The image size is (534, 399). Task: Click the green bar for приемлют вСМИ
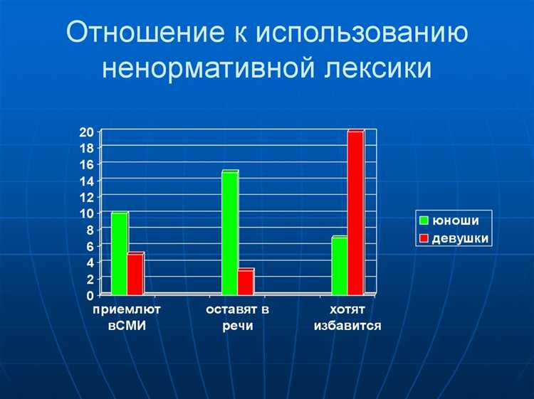[x=118, y=253]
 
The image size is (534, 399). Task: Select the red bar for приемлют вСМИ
[x=135, y=274]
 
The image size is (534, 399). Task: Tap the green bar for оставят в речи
[x=229, y=233]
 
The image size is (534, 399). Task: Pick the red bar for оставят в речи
[x=245, y=282]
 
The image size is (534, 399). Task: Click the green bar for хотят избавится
[x=339, y=265]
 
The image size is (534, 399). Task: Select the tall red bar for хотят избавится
[x=355, y=213]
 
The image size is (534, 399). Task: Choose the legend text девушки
[x=461, y=238]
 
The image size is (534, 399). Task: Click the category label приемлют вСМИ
[x=127, y=318]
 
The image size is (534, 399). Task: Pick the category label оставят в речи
[x=237, y=318]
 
